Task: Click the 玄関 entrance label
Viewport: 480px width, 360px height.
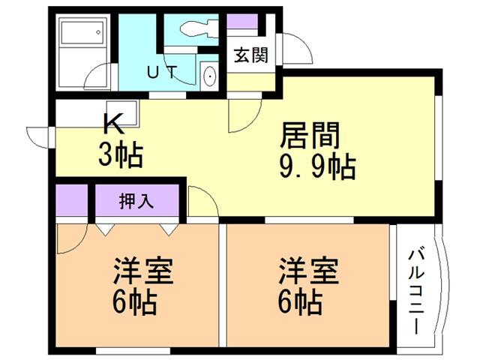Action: pyautogui.click(x=251, y=55)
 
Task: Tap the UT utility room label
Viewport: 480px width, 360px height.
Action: pyautogui.click(x=162, y=72)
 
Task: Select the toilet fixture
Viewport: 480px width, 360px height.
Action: pyautogui.click(x=199, y=28)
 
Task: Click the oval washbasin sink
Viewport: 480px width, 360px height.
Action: pyautogui.click(x=210, y=76)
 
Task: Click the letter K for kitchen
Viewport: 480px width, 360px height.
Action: pyautogui.click(x=114, y=124)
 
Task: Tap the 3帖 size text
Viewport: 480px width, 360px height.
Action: pyautogui.click(x=121, y=155)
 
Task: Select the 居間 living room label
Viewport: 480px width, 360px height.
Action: pyautogui.click(x=309, y=136)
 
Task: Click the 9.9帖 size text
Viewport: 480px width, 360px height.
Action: pyautogui.click(x=317, y=167)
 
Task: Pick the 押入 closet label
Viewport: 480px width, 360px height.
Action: pyautogui.click(x=136, y=202)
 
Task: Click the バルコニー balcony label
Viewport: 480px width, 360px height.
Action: pyautogui.click(x=416, y=292)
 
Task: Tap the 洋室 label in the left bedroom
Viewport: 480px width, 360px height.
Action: pyautogui.click(x=143, y=271)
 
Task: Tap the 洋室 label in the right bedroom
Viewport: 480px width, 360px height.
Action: pyautogui.click(x=308, y=271)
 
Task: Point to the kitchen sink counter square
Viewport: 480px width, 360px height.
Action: pyautogui.click(x=122, y=112)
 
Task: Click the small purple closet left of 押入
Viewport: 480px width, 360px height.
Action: pyautogui.click(x=72, y=200)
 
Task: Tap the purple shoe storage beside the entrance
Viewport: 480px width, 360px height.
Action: pyautogui.click(x=242, y=22)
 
